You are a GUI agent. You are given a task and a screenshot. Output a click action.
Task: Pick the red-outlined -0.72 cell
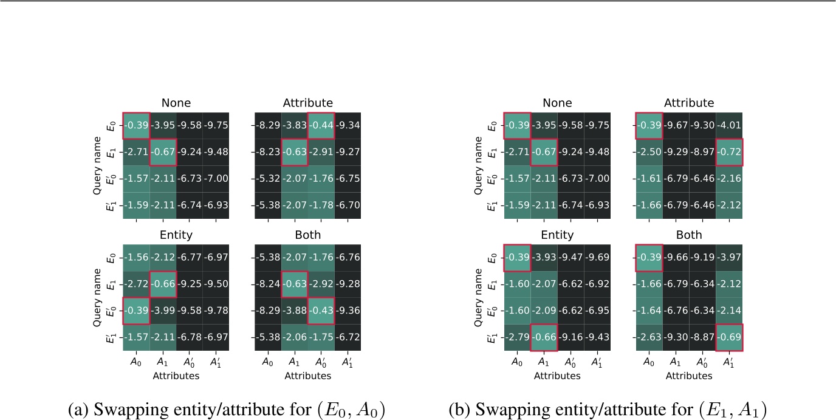[x=729, y=152]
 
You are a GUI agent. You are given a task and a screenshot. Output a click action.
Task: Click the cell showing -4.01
[x=729, y=126]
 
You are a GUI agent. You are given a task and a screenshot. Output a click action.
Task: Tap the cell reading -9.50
[x=216, y=284]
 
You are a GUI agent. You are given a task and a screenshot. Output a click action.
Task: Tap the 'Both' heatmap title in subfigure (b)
[x=689, y=235]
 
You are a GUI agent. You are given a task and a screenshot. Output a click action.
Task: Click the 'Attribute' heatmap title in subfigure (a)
[x=308, y=103]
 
